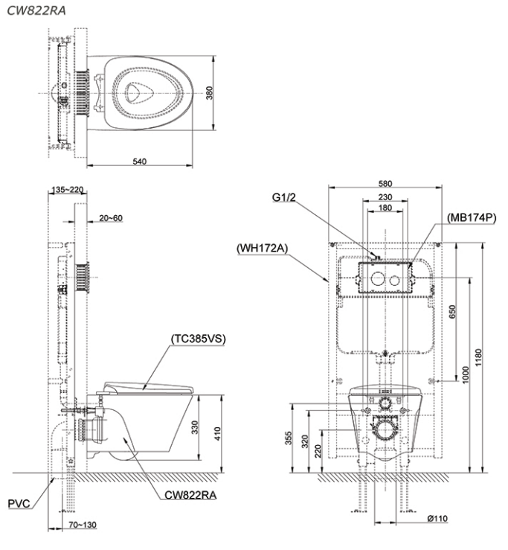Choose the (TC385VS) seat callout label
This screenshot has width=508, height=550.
198,337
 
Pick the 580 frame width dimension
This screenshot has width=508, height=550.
385,183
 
